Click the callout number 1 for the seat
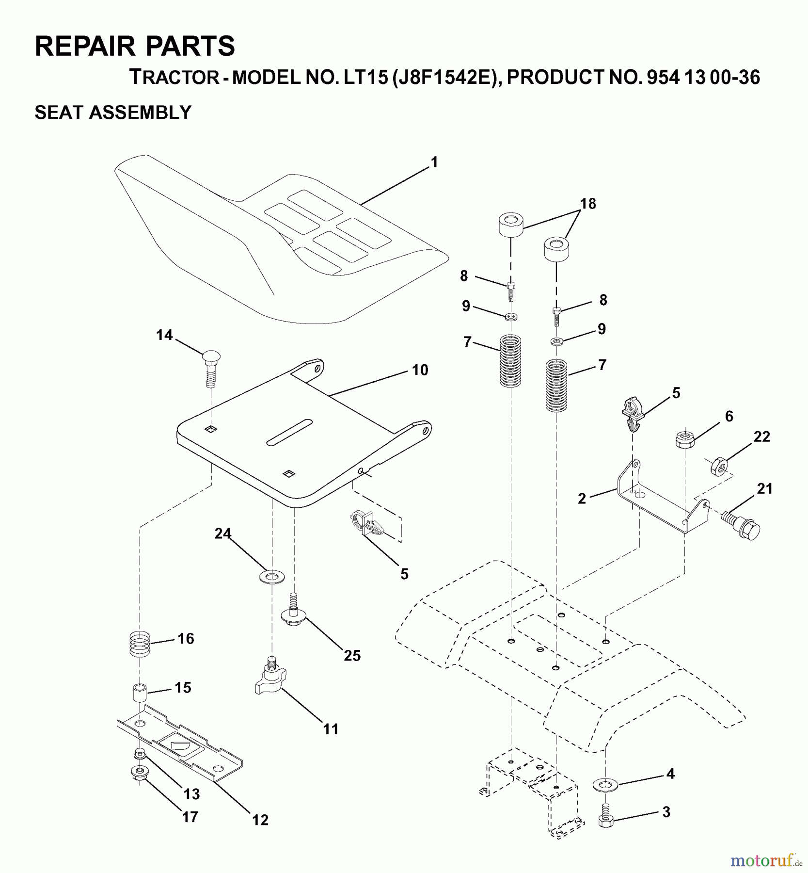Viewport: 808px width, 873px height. (434, 162)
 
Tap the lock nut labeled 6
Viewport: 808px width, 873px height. (683, 440)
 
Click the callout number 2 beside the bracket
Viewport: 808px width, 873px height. (582, 498)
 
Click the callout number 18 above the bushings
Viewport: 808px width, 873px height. (588, 204)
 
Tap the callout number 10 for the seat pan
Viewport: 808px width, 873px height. (420, 371)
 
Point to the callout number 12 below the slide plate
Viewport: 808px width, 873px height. (260, 820)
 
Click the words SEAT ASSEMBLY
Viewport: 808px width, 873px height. (113, 113)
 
